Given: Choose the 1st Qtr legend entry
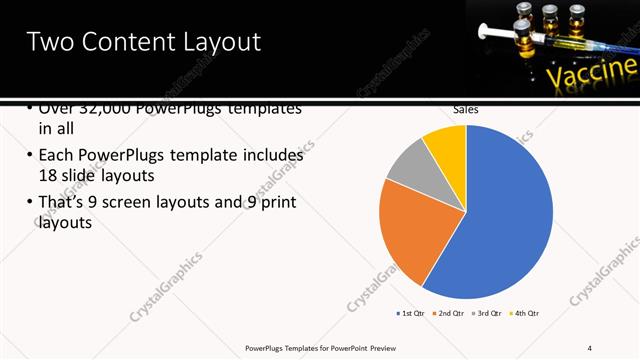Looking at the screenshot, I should tap(410, 313).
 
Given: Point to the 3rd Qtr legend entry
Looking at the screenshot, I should tap(488, 313).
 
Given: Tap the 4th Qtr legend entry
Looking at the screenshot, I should tap(526, 313).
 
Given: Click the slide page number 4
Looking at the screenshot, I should tap(590, 347).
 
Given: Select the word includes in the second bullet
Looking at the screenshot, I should tap(270, 156).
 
